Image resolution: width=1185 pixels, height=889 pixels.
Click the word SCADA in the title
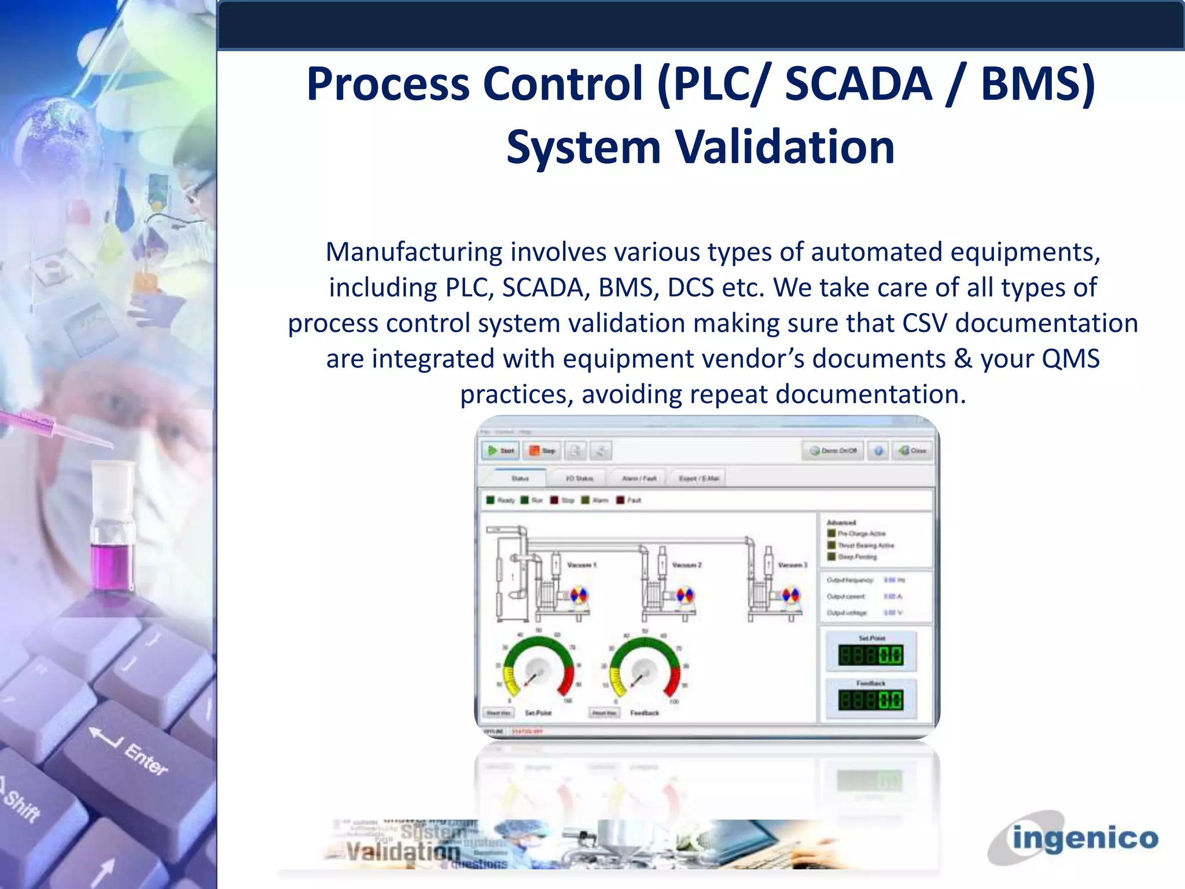point(858,84)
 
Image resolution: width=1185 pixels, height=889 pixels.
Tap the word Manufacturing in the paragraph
point(414,252)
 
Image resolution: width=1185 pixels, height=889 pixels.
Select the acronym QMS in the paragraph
point(1070,359)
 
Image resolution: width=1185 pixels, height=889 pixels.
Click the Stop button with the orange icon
point(542,450)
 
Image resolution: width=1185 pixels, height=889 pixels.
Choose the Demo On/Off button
point(833,450)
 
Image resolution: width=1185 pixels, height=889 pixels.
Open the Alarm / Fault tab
point(639,478)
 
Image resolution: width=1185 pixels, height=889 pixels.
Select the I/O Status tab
point(579,478)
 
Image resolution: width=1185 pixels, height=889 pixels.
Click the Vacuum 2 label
point(686,565)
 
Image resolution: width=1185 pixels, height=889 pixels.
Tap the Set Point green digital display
point(870,655)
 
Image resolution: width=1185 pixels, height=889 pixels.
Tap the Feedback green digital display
point(870,700)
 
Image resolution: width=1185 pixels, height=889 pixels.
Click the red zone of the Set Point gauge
point(567,681)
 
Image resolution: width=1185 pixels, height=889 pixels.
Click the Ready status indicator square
point(490,500)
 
